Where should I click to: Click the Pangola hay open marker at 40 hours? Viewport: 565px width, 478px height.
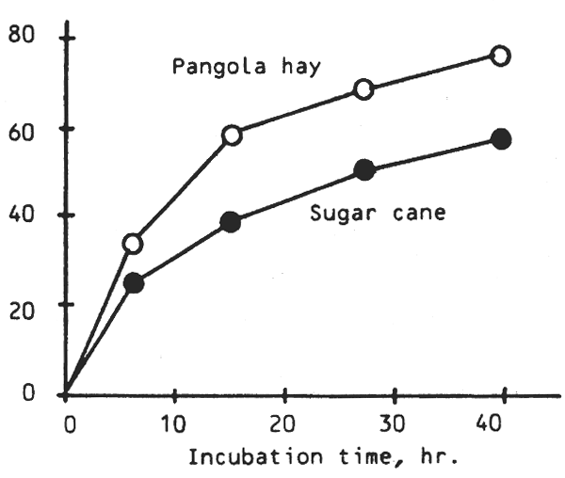[x=501, y=56]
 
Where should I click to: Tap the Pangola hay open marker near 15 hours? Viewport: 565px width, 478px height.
[x=232, y=135]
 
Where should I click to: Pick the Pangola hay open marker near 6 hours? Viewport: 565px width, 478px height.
[x=133, y=244]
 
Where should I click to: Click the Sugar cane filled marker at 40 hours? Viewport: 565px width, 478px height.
[x=501, y=139]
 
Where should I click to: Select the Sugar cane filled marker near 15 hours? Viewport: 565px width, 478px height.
[x=231, y=222]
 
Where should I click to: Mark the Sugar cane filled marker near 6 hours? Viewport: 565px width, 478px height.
[x=134, y=282]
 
